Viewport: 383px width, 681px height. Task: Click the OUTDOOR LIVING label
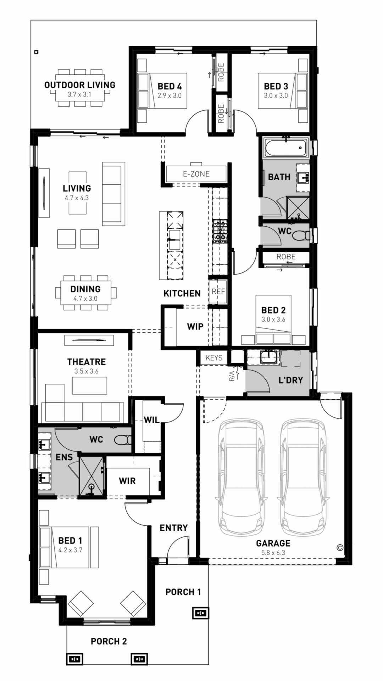click(x=80, y=85)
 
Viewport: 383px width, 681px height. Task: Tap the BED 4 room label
click(x=170, y=86)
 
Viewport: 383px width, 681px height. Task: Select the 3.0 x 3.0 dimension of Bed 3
click(x=276, y=95)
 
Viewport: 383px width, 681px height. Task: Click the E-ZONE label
click(x=196, y=174)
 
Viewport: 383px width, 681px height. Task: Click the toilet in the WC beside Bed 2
click(x=302, y=235)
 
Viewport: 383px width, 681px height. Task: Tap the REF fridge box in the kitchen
click(x=218, y=292)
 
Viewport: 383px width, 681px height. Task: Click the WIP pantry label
click(x=195, y=326)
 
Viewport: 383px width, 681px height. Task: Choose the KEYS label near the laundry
click(x=214, y=358)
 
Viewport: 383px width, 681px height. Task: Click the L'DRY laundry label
click(x=290, y=380)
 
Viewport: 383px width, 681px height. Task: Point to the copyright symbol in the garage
click(x=340, y=548)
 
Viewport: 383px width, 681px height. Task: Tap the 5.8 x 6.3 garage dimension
click(x=273, y=553)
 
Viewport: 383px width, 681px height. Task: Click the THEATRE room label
click(x=87, y=362)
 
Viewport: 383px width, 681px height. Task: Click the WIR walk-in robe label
click(x=127, y=481)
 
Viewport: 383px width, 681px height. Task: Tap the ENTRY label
click(x=173, y=528)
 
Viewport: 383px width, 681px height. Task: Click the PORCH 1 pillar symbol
click(x=200, y=613)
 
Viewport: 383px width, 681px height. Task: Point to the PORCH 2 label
click(x=109, y=641)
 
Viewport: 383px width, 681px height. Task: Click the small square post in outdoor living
click(x=36, y=52)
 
